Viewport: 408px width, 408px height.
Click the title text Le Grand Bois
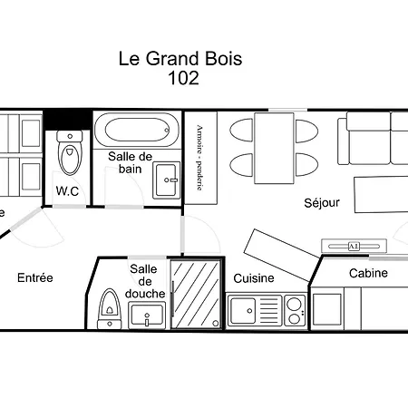[x=180, y=59]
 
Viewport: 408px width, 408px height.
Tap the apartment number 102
[x=183, y=78]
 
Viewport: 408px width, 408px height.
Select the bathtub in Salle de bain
[x=137, y=129]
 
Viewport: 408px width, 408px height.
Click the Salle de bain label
[x=130, y=163]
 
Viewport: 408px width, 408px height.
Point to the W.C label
[x=68, y=191]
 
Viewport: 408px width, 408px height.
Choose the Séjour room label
[x=321, y=203]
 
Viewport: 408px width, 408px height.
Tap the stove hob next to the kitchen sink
[x=294, y=310]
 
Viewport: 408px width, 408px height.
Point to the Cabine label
[x=368, y=273]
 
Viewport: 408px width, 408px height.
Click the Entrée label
[x=34, y=277]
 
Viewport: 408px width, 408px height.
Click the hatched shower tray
[x=196, y=294]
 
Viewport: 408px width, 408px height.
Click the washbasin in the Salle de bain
[x=166, y=179]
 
